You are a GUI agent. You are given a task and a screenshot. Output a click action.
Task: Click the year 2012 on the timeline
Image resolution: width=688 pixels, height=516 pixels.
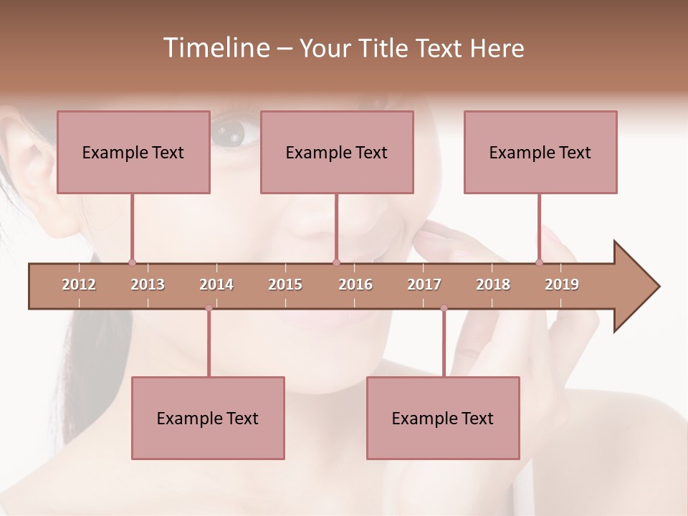tap(79, 285)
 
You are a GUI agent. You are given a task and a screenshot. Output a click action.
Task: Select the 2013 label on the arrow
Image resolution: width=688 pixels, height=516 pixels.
tap(148, 285)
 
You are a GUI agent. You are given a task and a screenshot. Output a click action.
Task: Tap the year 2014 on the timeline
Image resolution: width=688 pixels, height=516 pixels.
tap(216, 285)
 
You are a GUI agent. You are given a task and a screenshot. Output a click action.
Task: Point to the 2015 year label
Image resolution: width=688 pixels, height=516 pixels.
tap(285, 285)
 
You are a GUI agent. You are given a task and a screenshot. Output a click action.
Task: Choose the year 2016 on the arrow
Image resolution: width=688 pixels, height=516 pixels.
tap(355, 285)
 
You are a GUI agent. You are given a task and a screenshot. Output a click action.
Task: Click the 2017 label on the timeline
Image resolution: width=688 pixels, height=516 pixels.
tap(424, 285)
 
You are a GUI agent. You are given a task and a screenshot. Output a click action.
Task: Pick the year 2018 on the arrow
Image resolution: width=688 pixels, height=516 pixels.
tap(493, 285)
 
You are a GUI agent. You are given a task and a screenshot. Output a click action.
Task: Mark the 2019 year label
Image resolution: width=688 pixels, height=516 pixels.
tap(562, 285)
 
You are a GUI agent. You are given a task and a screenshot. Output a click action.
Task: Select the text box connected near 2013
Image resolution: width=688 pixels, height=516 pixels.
tap(133, 152)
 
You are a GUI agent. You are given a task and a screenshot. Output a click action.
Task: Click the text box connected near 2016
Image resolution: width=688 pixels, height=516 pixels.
tap(337, 152)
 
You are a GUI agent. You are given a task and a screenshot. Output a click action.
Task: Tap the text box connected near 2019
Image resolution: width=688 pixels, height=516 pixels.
tap(540, 152)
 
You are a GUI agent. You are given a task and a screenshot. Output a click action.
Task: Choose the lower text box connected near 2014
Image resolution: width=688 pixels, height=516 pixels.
tap(208, 418)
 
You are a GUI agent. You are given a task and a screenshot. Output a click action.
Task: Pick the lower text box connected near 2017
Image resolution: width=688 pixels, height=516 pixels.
tap(443, 418)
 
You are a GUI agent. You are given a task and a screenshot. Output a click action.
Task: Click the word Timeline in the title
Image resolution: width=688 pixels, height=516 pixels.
tap(214, 47)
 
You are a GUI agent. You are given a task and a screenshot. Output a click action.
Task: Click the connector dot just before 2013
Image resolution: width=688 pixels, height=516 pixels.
tap(132, 263)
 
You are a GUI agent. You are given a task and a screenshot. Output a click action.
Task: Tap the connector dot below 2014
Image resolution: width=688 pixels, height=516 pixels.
tap(209, 308)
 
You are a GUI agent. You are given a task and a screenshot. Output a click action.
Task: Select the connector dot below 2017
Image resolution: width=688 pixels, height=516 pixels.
tap(444, 308)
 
